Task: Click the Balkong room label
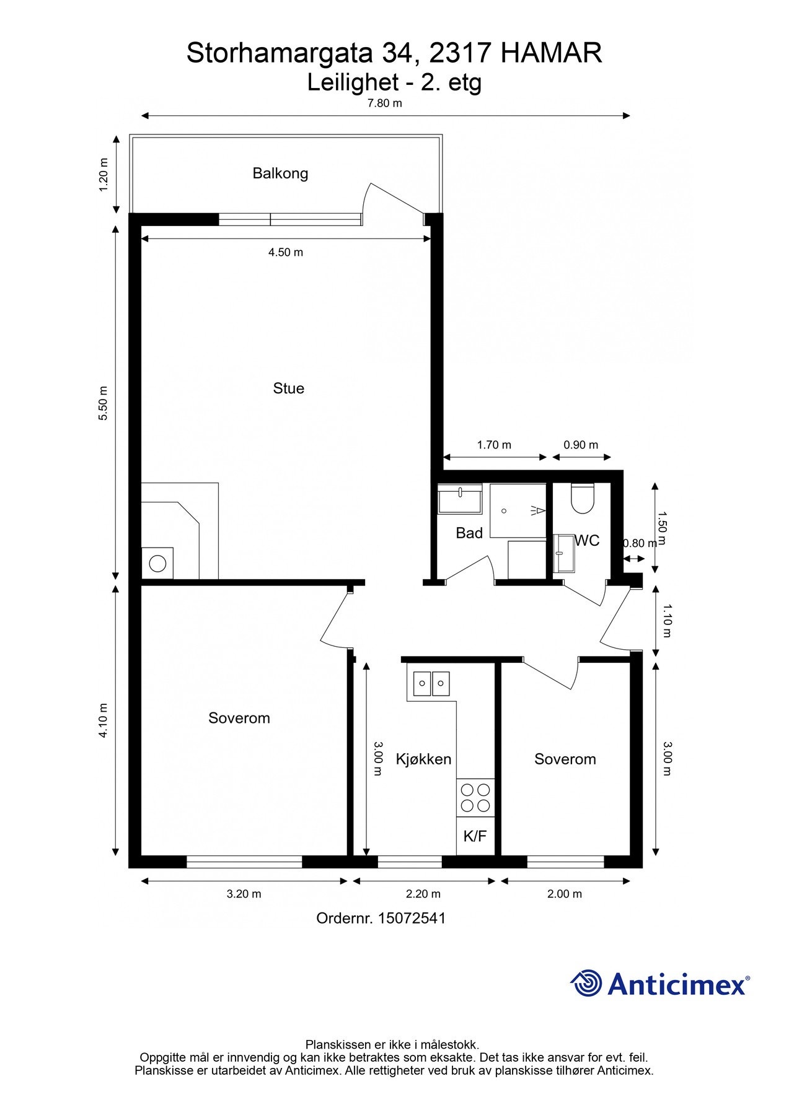280,173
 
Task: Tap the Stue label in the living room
289,388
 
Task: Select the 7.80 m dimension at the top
385,103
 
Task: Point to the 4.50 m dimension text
286,252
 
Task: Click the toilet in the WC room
583,498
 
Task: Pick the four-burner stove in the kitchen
475,798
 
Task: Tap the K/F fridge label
475,836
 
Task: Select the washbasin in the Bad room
461,500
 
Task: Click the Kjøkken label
424,759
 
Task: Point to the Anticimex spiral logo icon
586,983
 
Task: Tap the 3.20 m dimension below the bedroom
244,894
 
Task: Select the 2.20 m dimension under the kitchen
423,894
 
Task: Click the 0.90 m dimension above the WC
581,445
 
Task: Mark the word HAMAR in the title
551,53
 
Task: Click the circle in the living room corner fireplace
157,564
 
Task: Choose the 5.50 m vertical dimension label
104,403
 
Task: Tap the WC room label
587,541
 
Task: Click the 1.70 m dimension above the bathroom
494,445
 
